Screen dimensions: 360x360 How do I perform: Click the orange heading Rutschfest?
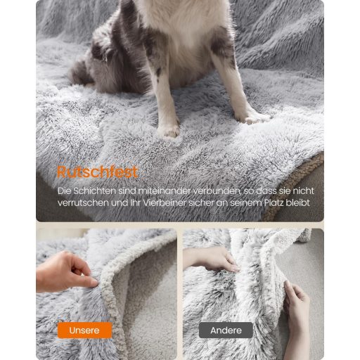pyautogui.click(x=98, y=172)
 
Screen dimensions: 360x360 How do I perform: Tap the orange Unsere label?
pyautogui.click(x=84, y=330)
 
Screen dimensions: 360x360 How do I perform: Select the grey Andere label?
pyautogui.click(x=226, y=330)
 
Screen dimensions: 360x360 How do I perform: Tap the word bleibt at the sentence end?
pyautogui.click(x=297, y=202)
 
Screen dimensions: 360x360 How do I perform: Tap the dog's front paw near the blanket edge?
pyautogui.click(x=252, y=117)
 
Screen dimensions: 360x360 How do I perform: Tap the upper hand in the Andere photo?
pyautogui.click(x=211, y=259)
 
